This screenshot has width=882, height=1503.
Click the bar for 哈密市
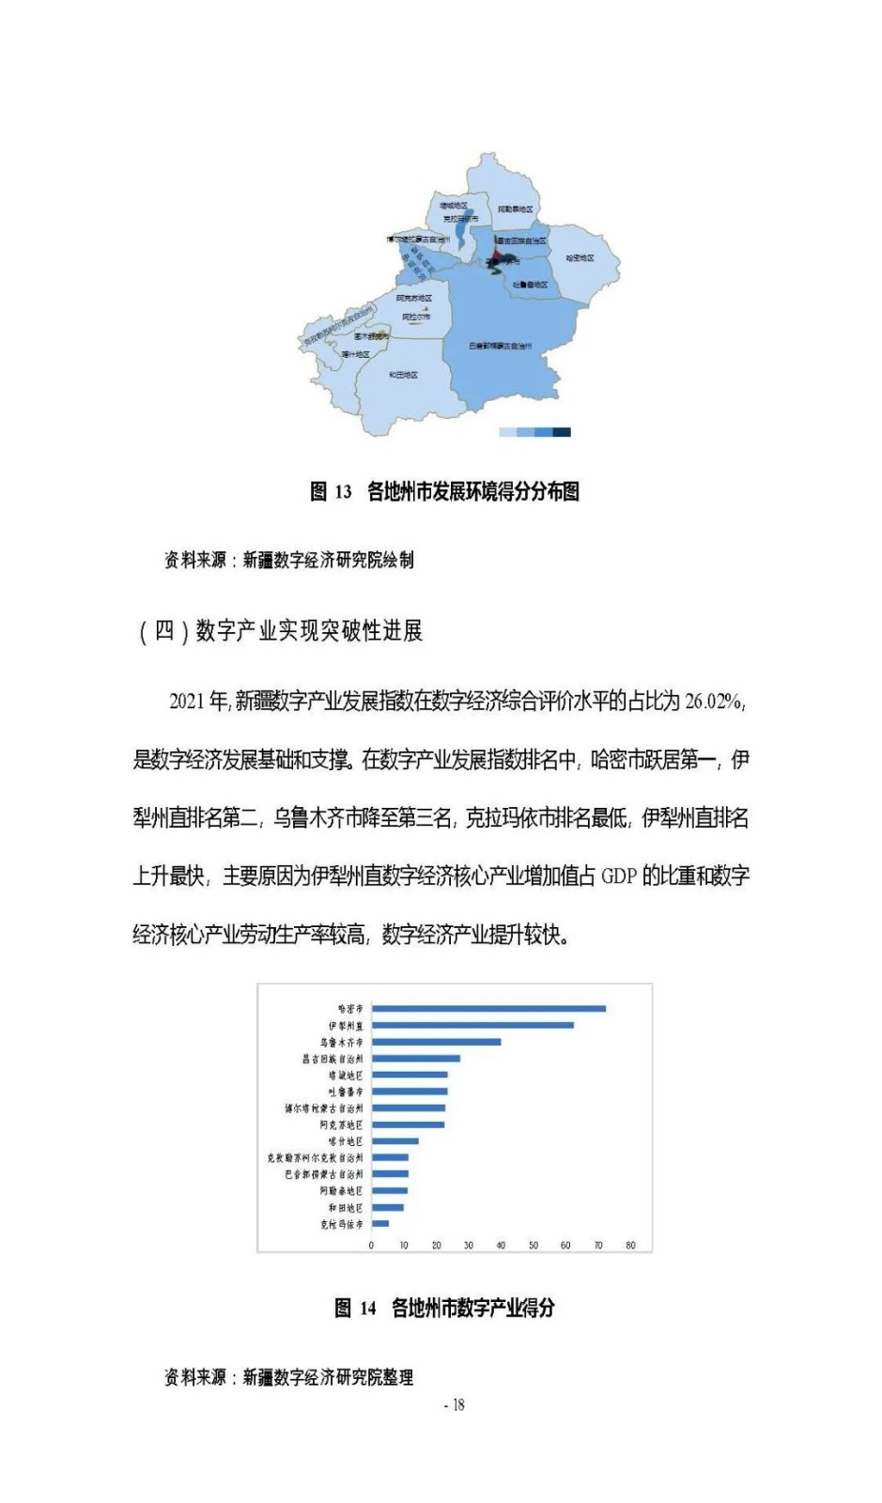click(x=488, y=1009)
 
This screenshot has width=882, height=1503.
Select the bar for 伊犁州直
click(x=472, y=1025)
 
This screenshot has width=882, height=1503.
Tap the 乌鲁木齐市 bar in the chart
click(x=436, y=1042)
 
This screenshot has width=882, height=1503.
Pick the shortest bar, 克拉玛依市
click(x=379, y=1223)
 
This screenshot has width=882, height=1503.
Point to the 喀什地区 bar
click(x=395, y=1141)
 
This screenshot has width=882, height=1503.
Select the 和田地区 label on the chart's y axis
click(x=345, y=1207)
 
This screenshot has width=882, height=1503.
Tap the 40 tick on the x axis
click(x=501, y=1246)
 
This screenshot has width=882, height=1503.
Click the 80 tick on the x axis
click(x=630, y=1246)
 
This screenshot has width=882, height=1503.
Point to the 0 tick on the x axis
click(x=371, y=1246)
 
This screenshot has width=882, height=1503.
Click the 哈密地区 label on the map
click(x=580, y=258)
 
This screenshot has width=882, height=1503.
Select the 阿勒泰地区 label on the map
click(x=515, y=209)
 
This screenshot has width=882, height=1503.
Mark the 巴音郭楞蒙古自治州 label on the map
click(x=500, y=347)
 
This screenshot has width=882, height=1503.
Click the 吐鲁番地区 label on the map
click(x=531, y=284)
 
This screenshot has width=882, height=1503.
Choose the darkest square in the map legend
click(x=562, y=432)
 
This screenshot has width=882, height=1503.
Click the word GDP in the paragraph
click(x=619, y=876)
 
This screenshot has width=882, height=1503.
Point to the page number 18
click(x=458, y=1405)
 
